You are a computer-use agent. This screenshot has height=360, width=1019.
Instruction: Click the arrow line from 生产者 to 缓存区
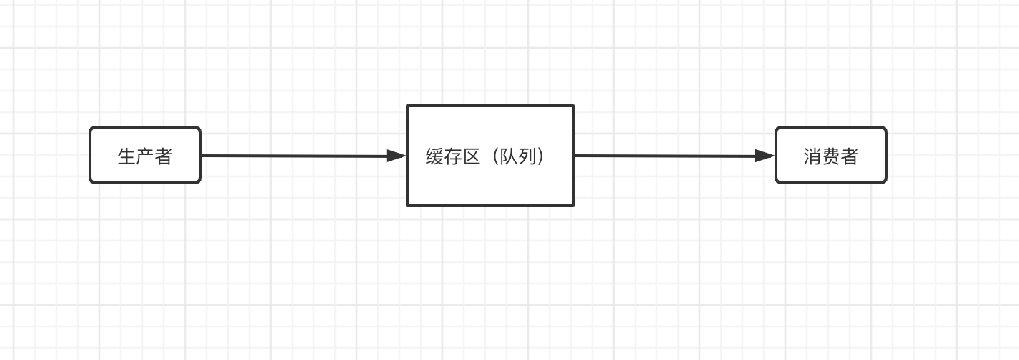click(x=293, y=156)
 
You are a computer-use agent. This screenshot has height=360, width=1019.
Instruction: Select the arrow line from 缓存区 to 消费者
click(x=665, y=156)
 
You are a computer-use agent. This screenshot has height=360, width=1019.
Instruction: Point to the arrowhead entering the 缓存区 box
click(x=396, y=156)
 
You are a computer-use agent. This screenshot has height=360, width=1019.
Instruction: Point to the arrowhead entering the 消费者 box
click(x=765, y=156)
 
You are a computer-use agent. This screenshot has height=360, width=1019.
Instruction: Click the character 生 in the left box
click(x=126, y=156)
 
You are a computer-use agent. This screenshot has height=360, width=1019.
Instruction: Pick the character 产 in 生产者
click(x=145, y=156)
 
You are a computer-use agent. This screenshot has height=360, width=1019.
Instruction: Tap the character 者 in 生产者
click(x=164, y=156)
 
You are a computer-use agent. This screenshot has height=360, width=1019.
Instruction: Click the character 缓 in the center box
click(x=435, y=156)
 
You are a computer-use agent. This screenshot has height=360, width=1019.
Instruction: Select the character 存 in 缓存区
click(x=454, y=156)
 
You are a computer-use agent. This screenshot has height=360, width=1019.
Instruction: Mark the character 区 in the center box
click(x=472, y=156)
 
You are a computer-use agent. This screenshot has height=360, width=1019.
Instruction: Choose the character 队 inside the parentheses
click(x=509, y=156)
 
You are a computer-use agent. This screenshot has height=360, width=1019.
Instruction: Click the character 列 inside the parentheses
click(x=528, y=156)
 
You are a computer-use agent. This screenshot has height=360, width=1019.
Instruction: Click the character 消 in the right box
click(x=812, y=156)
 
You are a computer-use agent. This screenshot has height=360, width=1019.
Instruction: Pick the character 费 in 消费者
click(x=831, y=156)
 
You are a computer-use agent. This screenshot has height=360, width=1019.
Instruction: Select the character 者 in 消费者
click(x=850, y=156)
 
